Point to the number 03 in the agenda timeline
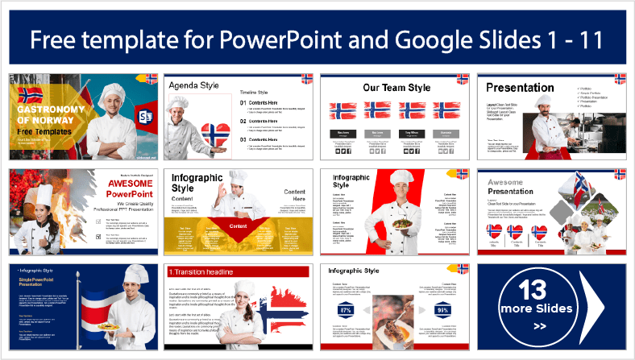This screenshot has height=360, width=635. pos(245,139)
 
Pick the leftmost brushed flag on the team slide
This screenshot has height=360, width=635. pos(342,111)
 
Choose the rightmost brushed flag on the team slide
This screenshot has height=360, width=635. pos(446,111)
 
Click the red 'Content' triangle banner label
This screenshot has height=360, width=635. pos(238,226)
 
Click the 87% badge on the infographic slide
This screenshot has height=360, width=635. pos(347,310)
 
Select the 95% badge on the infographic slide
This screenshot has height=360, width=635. pos(442,310)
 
